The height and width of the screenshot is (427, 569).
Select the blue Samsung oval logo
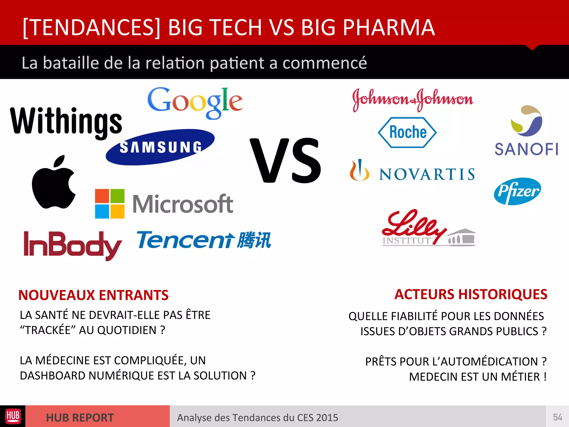[160, 147]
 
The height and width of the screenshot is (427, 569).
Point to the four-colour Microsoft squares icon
[110, 204]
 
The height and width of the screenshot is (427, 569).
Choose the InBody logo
[73, 245]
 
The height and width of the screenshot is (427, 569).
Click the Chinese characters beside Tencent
[254, 240]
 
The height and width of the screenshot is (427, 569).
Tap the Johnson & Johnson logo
[413, 100]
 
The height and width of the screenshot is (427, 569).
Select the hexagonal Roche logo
[407, 132]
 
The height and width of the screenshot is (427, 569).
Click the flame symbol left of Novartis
[360, 170]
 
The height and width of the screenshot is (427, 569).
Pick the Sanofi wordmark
[526, 149]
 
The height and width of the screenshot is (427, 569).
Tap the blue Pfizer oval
[517, 191]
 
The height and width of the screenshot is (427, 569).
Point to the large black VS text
[286, 161]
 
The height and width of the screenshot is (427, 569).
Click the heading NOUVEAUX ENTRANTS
[93, 295]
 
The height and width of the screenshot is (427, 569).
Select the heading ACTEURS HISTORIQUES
[471, 294]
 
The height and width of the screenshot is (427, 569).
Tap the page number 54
[557, 417]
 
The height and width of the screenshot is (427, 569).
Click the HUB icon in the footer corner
[13, 416]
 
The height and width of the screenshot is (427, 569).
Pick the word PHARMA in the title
[389, 28]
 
